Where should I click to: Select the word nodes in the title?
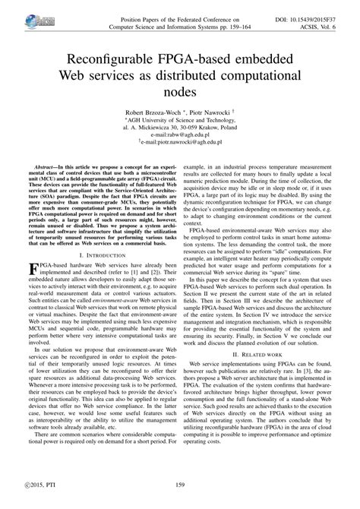[180, 91]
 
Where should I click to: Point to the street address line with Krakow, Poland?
[180, 126]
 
